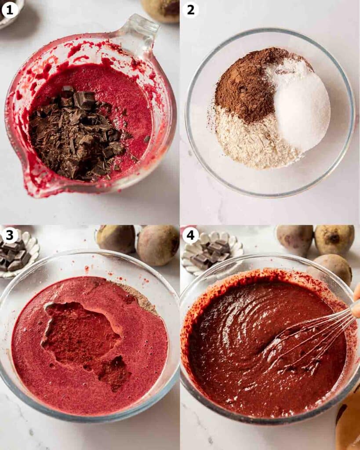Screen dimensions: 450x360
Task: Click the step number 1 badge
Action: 10,9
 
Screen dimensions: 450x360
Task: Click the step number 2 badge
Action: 190,9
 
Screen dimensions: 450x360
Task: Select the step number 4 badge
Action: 190,235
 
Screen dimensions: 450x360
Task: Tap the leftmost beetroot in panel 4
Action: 295,240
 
